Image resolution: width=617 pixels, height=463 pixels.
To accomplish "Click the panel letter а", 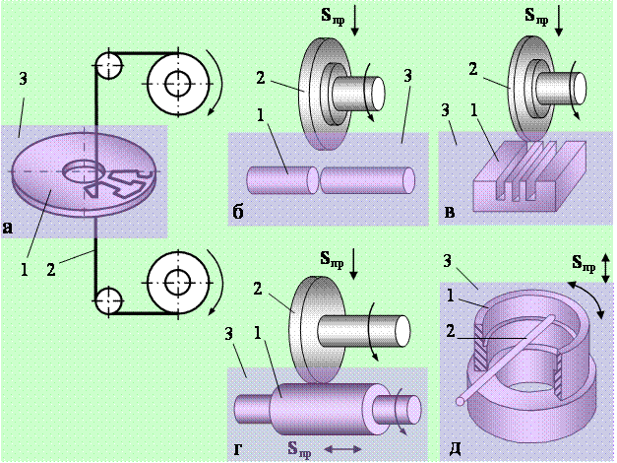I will [x=8, y=230].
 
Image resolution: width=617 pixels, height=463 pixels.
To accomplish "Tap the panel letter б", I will [x=237, y=211].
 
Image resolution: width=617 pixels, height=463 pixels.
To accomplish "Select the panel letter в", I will [x=451, y=212].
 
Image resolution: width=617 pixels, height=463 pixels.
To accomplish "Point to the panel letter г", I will [x=238, y=449].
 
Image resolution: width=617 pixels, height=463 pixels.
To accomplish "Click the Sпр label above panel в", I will [x=537, y=17].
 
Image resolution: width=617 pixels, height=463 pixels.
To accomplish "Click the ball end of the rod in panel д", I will [x=462, y=402].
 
